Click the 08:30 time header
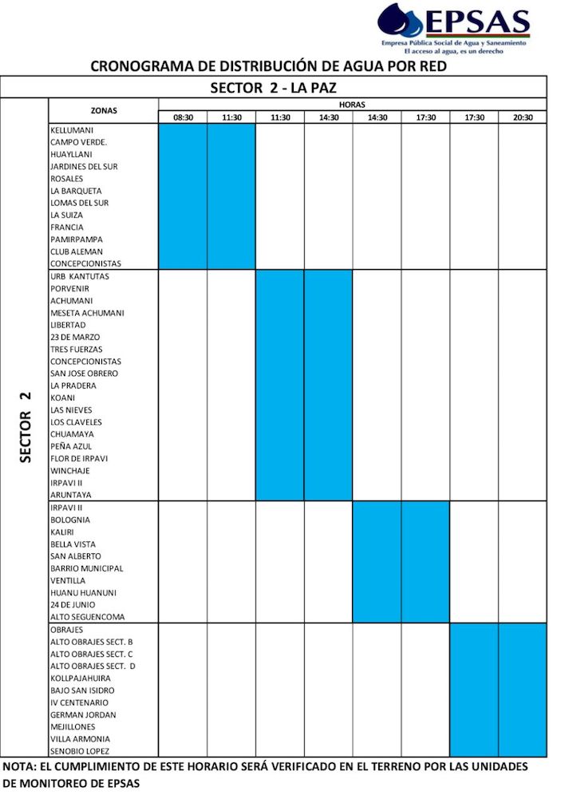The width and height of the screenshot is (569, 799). (183, 117)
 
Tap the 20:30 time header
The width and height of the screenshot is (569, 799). (523, 117)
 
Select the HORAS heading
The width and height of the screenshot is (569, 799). (352, 105)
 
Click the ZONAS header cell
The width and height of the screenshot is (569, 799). (104, 110)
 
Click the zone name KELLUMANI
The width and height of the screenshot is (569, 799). (73, 130)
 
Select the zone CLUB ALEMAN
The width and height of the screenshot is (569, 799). (76, 251)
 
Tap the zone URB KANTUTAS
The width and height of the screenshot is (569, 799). (80, 276)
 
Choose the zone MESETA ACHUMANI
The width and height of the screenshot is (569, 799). (87, 313)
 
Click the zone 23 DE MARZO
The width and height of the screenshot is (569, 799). (75, 337)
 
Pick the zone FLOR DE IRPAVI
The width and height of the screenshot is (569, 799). (79, 458)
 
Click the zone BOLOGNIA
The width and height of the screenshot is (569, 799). (70, 520)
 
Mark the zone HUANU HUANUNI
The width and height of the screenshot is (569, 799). (82, 592)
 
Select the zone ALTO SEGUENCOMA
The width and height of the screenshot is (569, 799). (87, 617)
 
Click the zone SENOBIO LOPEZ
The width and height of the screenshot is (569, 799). (80, 751)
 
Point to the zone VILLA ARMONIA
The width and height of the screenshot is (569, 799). (80, 739)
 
